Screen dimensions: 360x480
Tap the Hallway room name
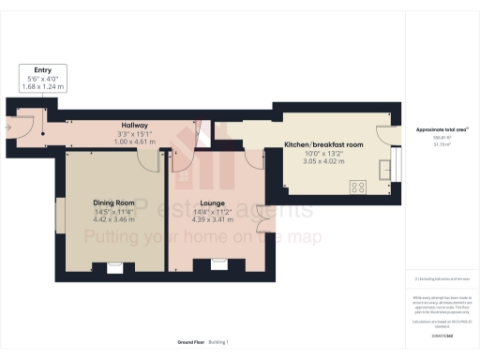click(x=135, y=124)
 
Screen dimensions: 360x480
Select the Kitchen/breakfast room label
click(x=322, y=145)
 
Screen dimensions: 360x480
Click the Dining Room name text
click(x=113, y=203)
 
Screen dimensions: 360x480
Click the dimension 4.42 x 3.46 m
click(x=113, y=220)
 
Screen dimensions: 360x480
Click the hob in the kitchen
click(x=358, y=187)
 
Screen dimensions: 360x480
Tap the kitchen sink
click(x=385, y=170)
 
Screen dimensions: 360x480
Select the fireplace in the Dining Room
click(x=114, y=267)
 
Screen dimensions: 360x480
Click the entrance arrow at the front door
click(x=7, y=123)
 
